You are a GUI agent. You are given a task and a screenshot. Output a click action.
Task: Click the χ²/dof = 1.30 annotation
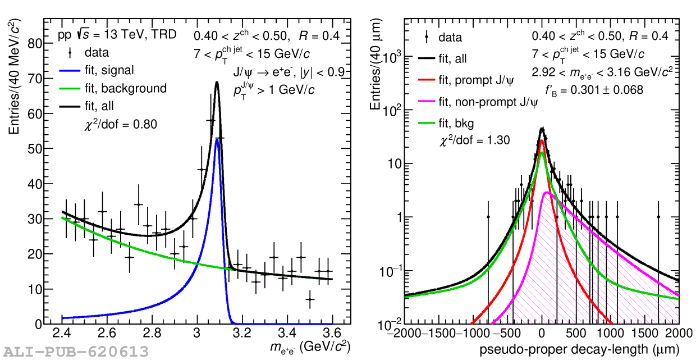(x=474, y=140)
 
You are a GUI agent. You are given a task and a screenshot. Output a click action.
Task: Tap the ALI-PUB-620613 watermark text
(x=75, y=352)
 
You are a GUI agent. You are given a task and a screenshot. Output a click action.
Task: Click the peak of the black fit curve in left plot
(x=217, y=82)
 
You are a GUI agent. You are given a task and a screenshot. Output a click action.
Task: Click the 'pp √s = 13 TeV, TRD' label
(x=117, y=35)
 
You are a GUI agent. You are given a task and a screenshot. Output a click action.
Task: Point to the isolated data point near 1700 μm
(x=658, y=217)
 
